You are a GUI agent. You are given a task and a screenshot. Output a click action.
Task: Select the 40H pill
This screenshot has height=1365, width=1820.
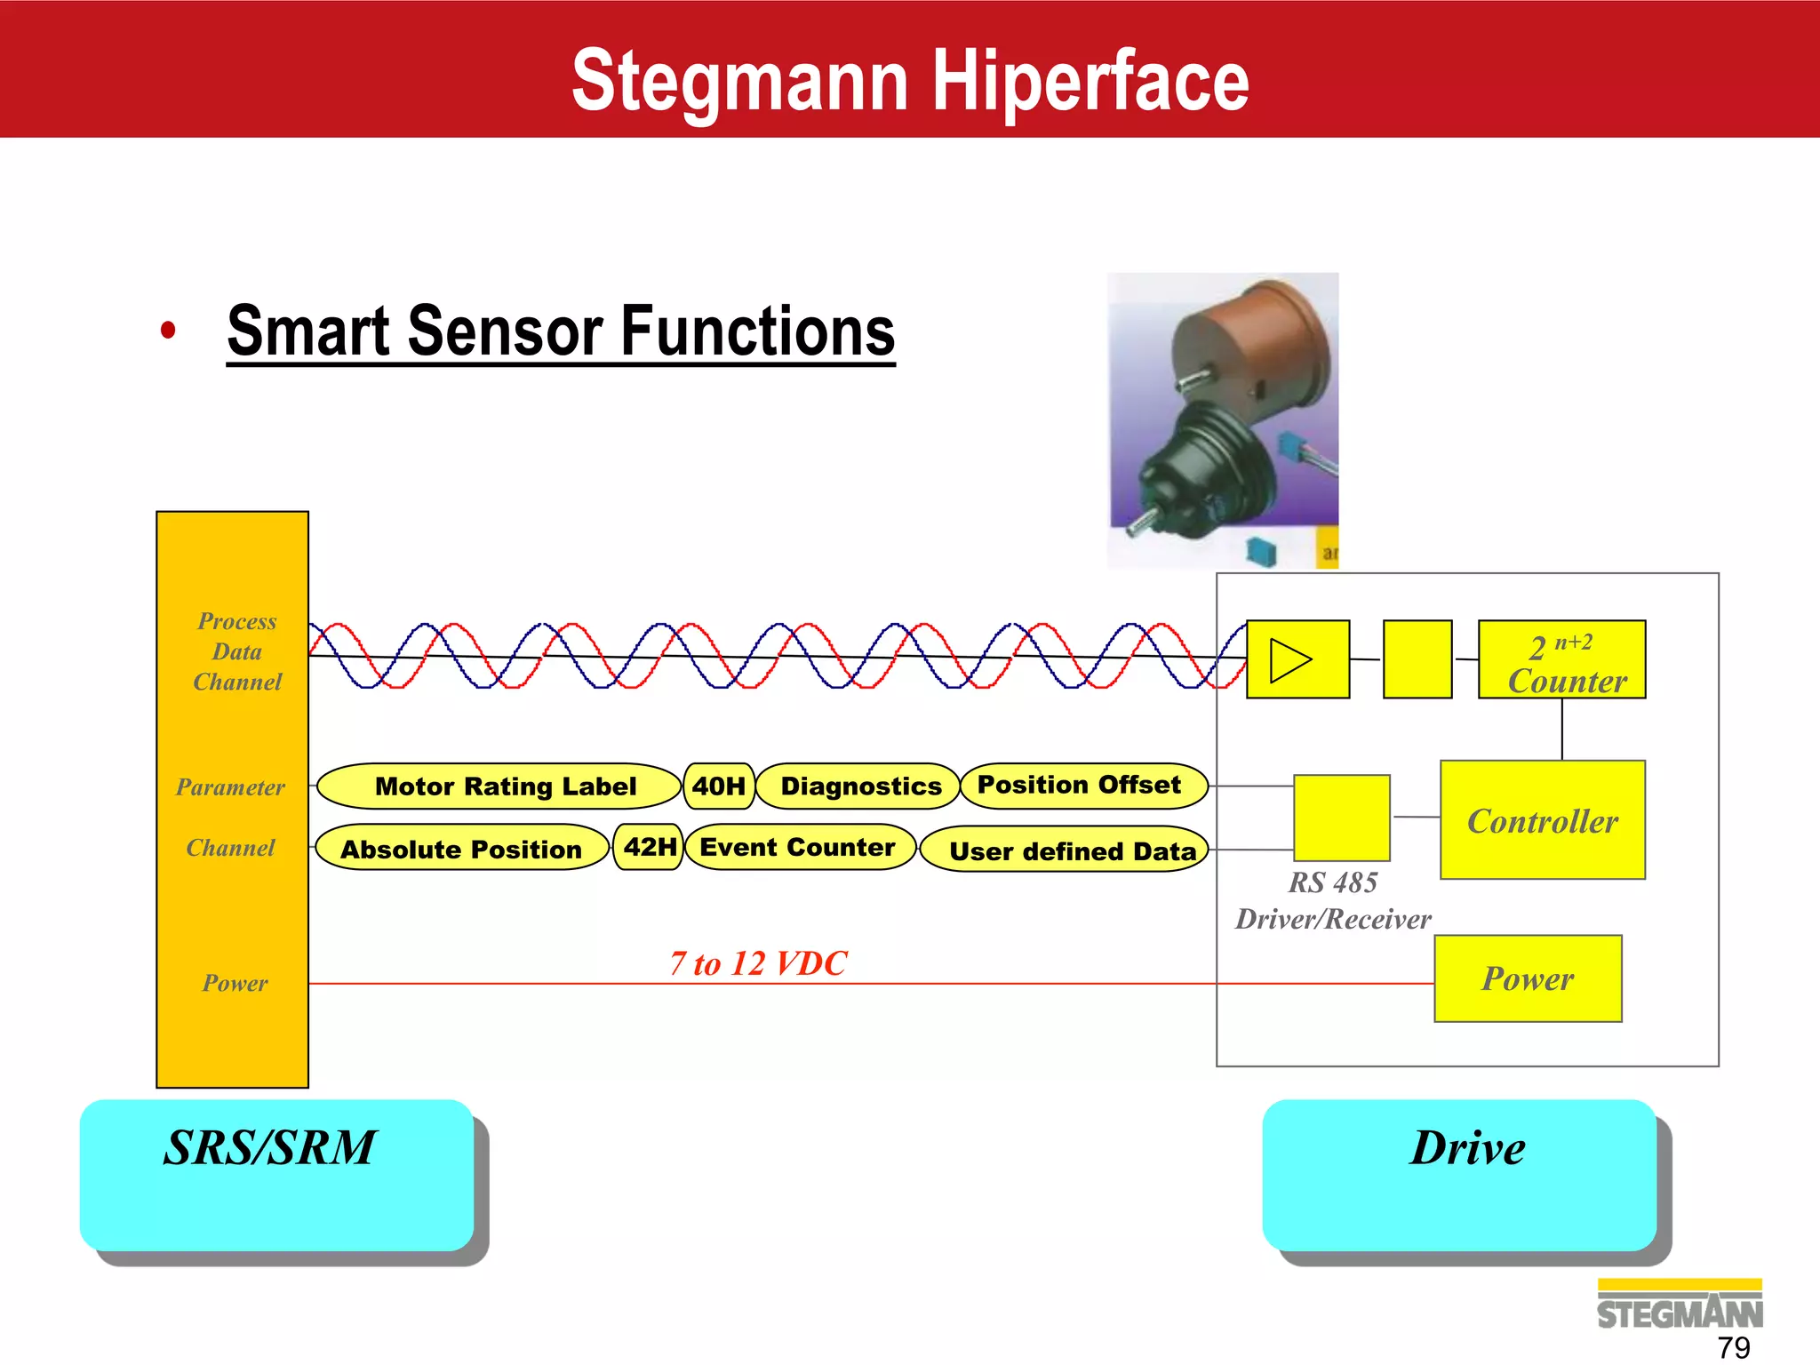pyautogui.click(x=719, y=786)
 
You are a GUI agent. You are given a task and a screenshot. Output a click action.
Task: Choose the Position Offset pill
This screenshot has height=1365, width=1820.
pyautogui.click(x=1082, y=786)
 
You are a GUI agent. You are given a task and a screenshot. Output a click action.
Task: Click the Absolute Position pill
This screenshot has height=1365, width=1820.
pyautogui.click(x=462, y=849)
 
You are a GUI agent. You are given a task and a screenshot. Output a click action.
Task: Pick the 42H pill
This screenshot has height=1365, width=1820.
pyautogui.click(x=649, y=847)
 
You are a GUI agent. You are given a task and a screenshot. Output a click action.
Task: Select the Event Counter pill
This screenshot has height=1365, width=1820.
pyautogui.click(x=799, y=847)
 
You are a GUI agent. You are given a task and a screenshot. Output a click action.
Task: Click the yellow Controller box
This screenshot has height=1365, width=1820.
pyautogui.click(x=1543, y=820)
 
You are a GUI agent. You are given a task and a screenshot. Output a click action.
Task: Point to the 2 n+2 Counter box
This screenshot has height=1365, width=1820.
pyautogui.click(x=1561, y=660)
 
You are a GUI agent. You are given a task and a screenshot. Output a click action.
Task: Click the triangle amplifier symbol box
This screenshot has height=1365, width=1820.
pyautogui.click(x=1297, y=660)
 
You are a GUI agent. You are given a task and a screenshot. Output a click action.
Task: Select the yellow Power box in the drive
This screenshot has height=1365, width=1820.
pyautogui.click(x=1528, y=978)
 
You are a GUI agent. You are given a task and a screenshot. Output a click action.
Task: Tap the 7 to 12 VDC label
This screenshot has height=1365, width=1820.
pyautogui.click(x=758, y=963)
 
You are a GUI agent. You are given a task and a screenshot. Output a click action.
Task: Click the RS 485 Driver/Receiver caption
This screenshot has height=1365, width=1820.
pyautogui.click(x=1332, y=900)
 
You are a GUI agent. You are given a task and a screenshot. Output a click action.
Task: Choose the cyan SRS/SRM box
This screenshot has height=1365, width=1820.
pyautogui.click(x=276, y=1175)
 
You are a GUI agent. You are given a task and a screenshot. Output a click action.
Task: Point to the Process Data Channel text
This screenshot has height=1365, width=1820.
pyautogui.click(x=236, y=651)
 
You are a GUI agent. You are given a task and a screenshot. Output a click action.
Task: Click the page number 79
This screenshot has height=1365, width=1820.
pyautogui.click(x=1733, y=1347)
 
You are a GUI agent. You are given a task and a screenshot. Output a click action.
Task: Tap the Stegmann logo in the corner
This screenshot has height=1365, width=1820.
pyautogui.click(x=1679, y=1305)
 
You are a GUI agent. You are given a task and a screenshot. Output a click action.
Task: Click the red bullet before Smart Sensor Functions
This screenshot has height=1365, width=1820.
pyautogui.click(x=168, y=331)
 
